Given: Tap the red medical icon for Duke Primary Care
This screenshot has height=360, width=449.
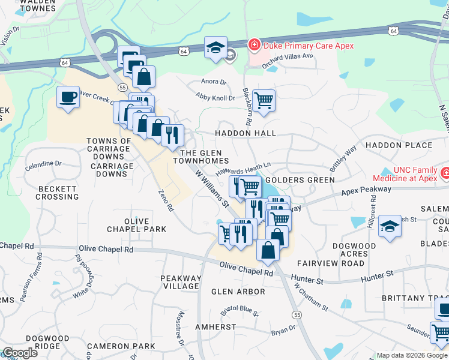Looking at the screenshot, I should pyautogui.click(x=254, y=44).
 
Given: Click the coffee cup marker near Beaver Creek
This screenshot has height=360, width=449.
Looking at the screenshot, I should pyautogui.click(x=68, y=97).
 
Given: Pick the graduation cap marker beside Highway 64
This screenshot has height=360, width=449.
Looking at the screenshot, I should pyautogui.click(x=215, y=48).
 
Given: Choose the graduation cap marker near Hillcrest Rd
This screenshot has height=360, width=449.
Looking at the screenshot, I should pyautogui.click(x=390, y=226).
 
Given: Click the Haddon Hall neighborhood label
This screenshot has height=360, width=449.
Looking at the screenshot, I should pyautogui.click(x=246, y=133).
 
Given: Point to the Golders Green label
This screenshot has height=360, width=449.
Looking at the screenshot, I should pyautogui.click(x=300, y=180).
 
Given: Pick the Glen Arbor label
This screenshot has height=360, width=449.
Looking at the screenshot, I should pyautogui.click(x=238, y=292).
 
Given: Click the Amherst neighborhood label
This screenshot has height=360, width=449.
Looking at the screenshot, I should pyautogui.click(x=215, y=327).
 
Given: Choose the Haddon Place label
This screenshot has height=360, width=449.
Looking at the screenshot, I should pyautogui.click(x=399, y=145).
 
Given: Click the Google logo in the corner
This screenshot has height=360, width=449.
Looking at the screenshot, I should pyautogui.click(x=20, y=353).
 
